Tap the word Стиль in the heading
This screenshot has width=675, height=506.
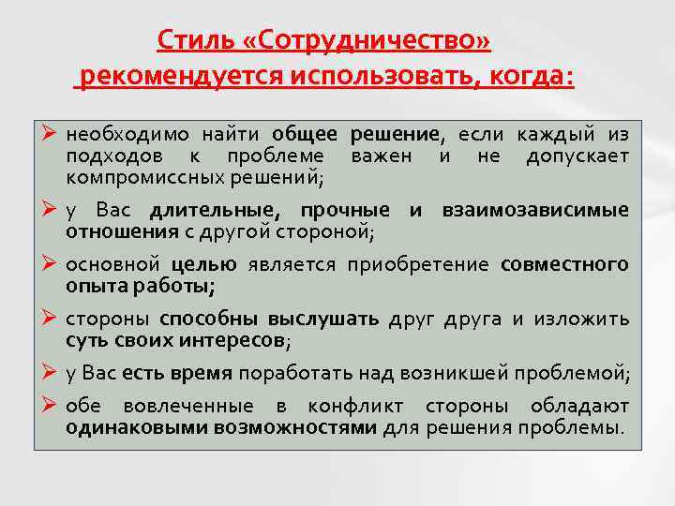tap(187, 40)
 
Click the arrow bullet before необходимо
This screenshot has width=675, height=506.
tap(51, 132)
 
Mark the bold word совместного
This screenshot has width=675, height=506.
tap(563, 264)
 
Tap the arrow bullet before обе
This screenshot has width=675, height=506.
tap(51, 406)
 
